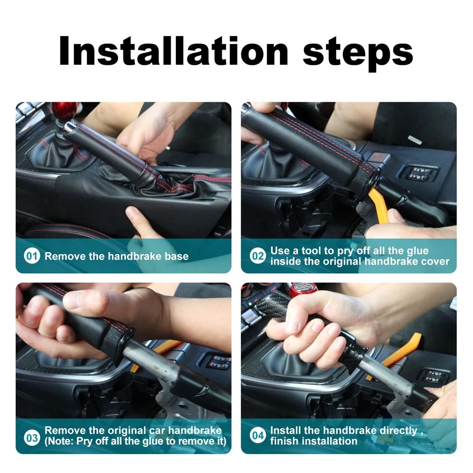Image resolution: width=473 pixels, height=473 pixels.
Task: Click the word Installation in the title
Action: (x=174, y=51)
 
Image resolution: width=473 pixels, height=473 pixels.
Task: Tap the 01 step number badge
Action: (x=32, y=256)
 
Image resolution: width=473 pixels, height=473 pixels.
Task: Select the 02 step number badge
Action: (x=258, y=256)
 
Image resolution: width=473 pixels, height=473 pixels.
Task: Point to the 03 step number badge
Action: (x=32, y=438)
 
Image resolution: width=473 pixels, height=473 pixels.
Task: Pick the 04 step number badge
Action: (x=258, y=435)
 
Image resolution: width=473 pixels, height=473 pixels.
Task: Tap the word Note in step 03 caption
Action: (x=61, y=441)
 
